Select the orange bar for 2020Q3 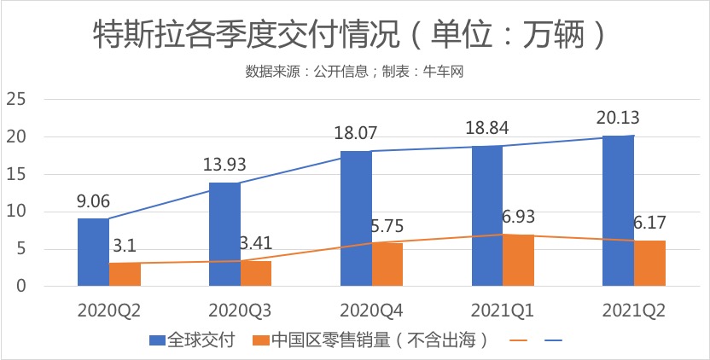(256, 274)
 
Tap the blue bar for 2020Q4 (356, 218)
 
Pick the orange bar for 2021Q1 (519, 260)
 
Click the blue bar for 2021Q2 (618, 211)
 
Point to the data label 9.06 (95, 203)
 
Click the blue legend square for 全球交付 (156, 340)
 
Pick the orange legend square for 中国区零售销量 (261, 340)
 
